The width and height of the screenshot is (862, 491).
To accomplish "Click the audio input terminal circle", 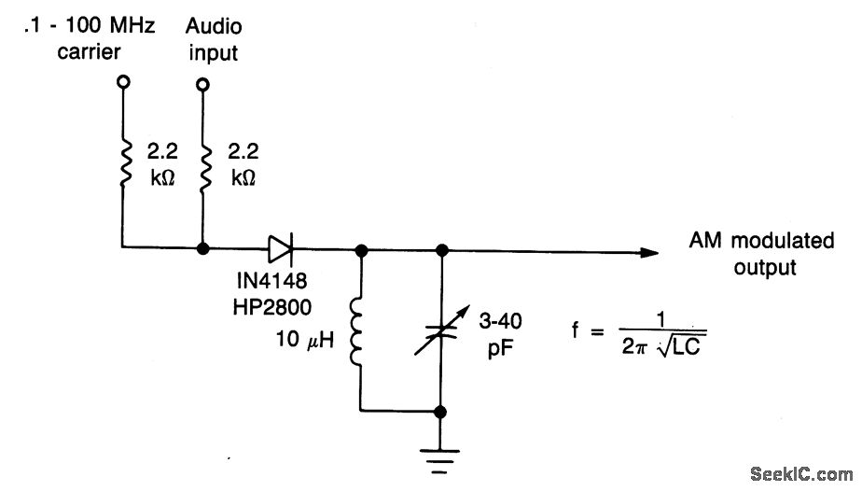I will coord(202,84).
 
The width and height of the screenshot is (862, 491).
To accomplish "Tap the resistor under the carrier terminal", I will coord(121,165).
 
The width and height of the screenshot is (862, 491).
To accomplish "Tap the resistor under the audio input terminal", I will coord(202,165).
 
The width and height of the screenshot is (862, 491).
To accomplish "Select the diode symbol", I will coord(280,249).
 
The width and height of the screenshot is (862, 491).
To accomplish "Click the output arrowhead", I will coord(650,250).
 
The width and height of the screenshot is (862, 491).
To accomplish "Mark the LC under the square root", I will coord(688,346).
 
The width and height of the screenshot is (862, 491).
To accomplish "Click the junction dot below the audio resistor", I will coord(202,250).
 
